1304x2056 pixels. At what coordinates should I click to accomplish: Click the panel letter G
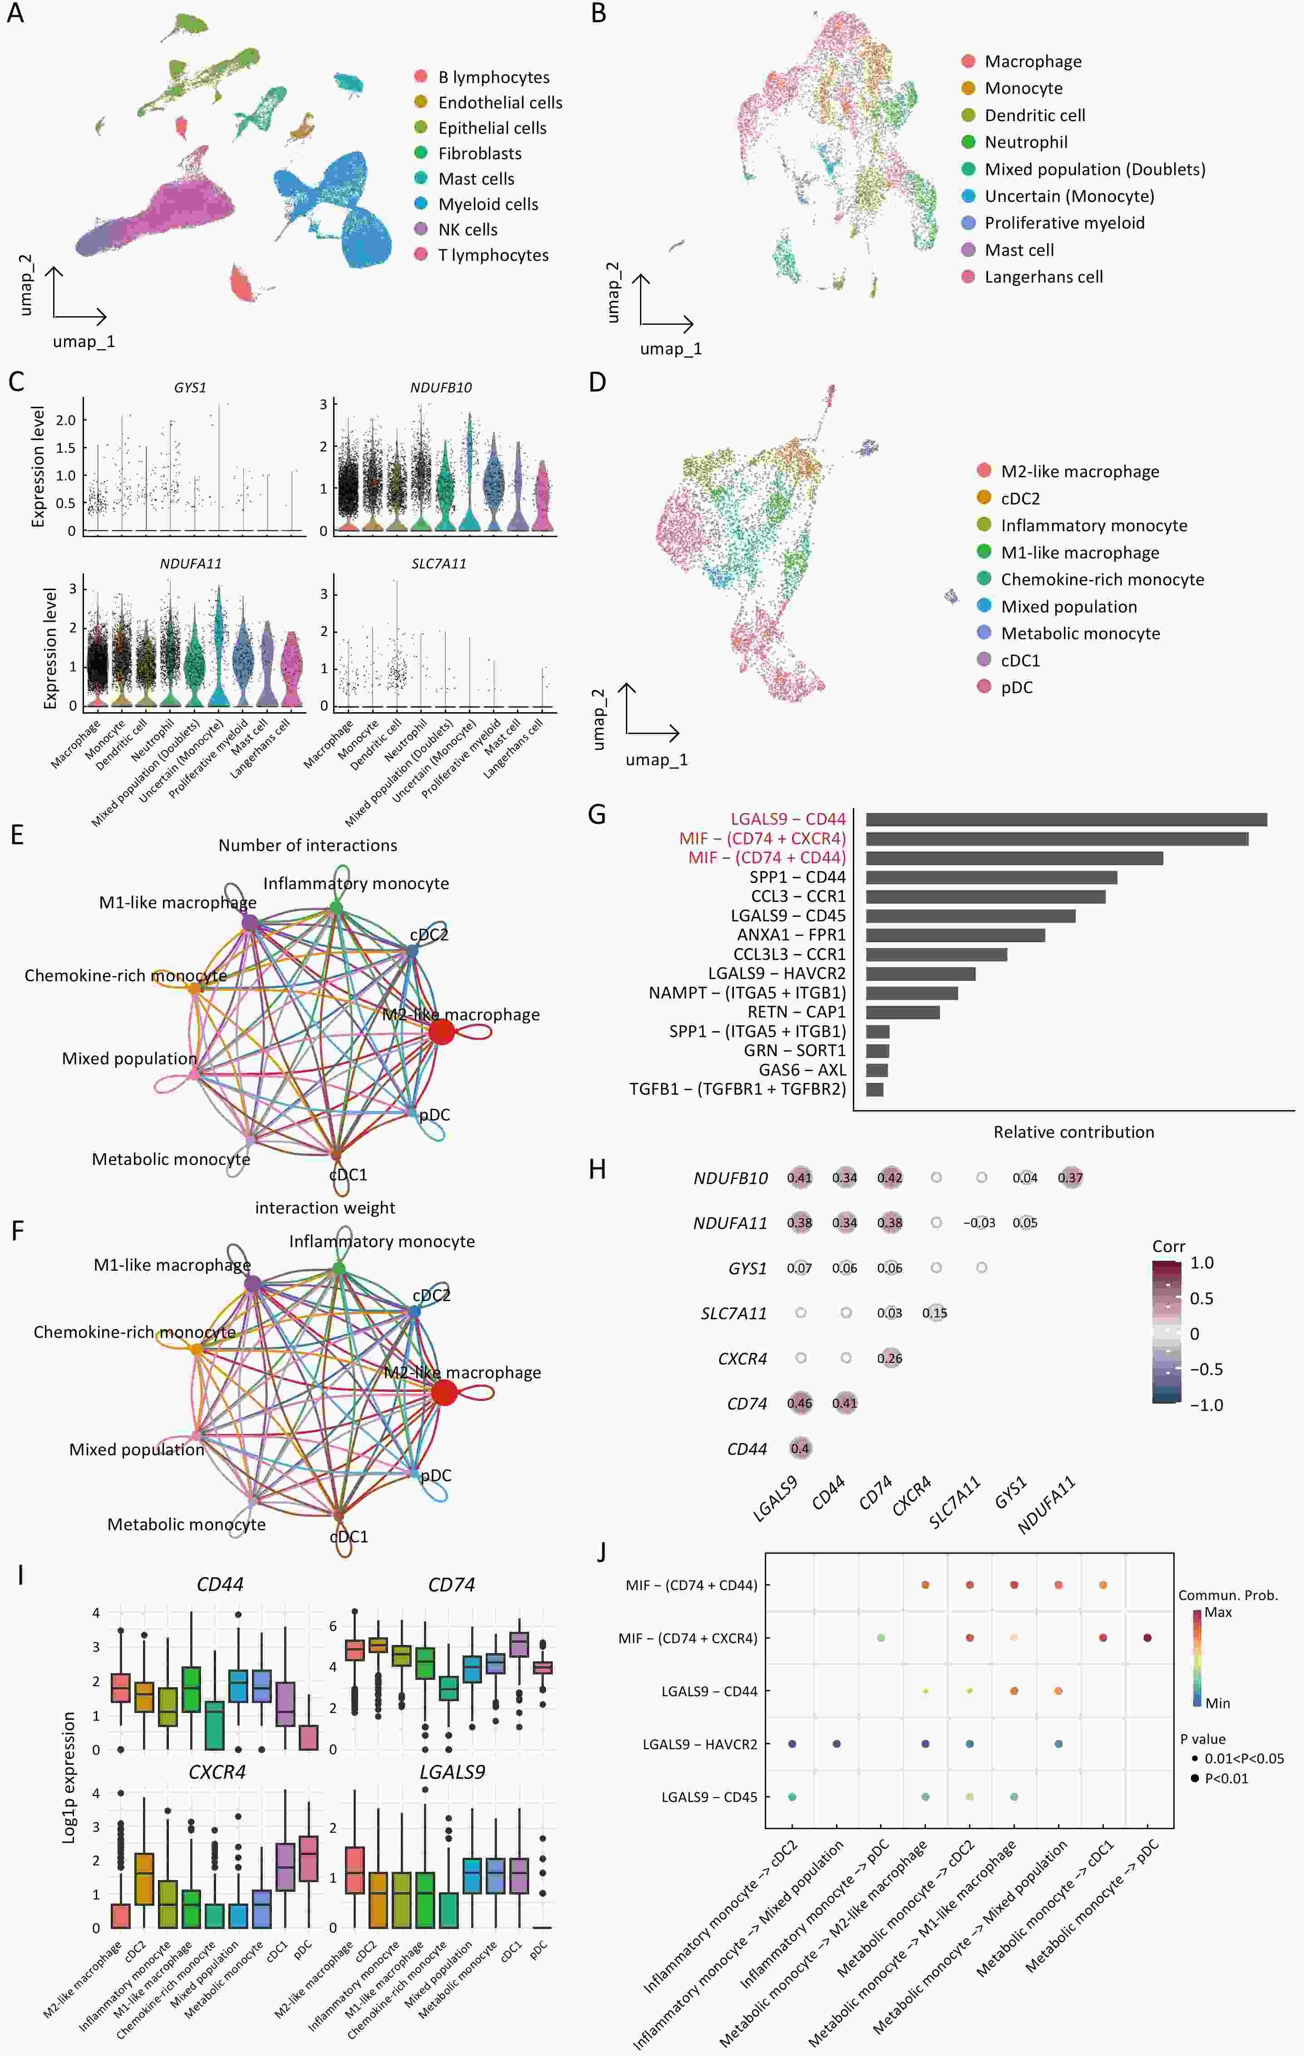tap(597, 814)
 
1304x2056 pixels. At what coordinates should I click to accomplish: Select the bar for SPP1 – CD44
tap(991, 877)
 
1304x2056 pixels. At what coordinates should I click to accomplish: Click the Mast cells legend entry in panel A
tap(476, 178)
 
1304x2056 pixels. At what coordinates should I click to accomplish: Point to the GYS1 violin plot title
tap(190, 387)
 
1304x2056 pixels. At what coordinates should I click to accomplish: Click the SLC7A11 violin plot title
tap(439, 563)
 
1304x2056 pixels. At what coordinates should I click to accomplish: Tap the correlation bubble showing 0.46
tap(799, 1403)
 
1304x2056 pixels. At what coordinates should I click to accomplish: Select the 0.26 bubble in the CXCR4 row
tap(890, 1357)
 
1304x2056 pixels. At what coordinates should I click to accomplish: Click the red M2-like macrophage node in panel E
tap(442, 1032)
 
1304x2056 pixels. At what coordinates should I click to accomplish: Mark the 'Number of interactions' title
tap(307, 845)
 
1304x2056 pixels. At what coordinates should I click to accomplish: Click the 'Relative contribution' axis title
tap(1073, 1132)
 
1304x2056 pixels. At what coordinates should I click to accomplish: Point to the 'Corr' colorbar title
tap(1168, 1247)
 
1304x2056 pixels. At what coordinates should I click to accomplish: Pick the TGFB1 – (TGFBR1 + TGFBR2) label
tap(737, 1089)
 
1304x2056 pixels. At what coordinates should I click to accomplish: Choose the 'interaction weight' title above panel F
tap(325, 1207)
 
